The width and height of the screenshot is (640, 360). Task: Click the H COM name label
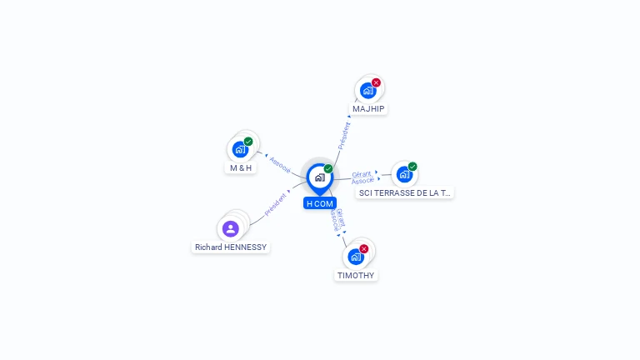click(320, 203)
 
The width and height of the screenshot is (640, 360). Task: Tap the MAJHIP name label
click(368, 108)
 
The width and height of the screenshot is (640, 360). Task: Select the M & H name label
click(241, 167)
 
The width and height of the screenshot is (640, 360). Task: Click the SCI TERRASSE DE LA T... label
click(404, 192)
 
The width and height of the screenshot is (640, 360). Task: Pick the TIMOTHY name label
click(356, 275)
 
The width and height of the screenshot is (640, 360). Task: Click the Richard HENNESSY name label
click(231, 247)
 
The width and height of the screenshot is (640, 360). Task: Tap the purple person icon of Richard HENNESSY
click(231, 228)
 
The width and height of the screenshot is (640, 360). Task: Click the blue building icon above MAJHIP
click(367, 91)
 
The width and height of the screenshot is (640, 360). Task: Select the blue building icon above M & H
click(240, 150)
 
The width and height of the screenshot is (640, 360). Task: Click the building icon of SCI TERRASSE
click(404, 174)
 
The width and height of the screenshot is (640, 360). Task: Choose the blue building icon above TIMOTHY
click(356, 257)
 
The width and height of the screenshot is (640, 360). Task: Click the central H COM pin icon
click(319, 177)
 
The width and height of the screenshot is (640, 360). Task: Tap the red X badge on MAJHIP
click(376, 82)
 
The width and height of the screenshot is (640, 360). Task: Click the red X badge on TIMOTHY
click(364, 248)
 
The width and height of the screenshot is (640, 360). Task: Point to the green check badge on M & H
click(248, 142)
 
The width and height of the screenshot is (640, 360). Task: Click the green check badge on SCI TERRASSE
click(412, 167)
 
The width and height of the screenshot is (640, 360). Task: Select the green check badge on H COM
click(328, 169)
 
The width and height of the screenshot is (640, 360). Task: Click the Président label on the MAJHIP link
click(343, 135)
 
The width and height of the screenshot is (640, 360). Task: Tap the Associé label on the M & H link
click(279, 164)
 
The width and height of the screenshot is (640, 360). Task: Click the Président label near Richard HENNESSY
click(276, 205)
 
